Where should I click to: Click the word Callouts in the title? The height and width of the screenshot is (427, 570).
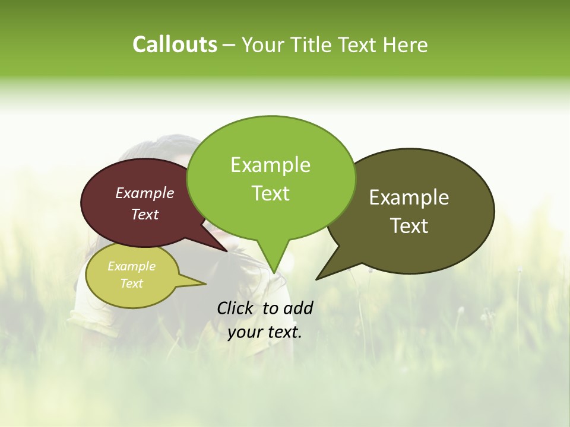point(175,44)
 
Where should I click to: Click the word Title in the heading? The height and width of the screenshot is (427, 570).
point(314,44)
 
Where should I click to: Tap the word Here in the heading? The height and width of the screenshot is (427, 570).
point(404,44)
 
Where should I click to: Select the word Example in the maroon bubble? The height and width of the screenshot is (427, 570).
point(145,193)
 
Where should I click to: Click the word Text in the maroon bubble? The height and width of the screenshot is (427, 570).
point(145,214)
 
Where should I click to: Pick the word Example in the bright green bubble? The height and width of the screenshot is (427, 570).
point(270,165)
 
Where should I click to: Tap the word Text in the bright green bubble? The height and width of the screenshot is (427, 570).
point(270,193)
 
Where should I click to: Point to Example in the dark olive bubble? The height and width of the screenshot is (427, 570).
point(409,197)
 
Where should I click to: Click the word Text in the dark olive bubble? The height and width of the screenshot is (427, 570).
point(409,226)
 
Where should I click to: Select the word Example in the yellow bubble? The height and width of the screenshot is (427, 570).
point(131,266)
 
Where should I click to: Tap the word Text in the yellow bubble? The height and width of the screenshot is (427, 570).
point(131,283)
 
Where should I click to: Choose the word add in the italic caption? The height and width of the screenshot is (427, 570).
point(297,308)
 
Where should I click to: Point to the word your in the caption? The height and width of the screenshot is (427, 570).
point(245,332)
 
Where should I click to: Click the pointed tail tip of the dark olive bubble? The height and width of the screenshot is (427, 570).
point(316,279)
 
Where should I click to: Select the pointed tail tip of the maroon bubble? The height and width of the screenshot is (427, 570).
point(227,251)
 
